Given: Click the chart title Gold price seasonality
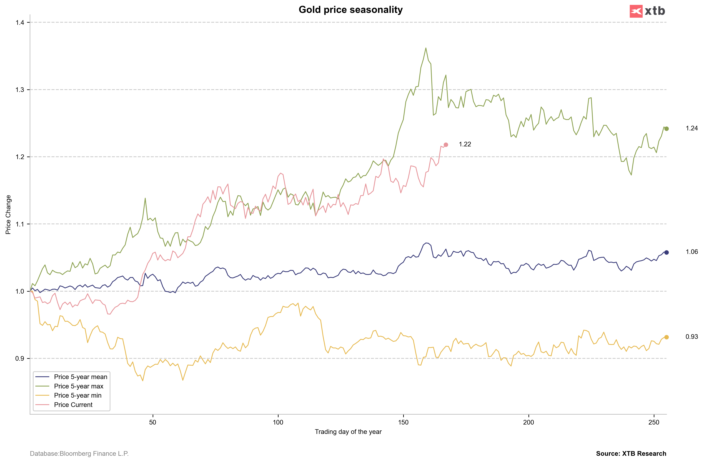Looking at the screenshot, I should click(350, 10).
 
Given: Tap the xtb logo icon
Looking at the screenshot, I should click(636, 11).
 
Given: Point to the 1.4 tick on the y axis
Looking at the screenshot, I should click(20, 22).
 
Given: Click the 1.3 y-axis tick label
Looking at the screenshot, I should click(20, 90).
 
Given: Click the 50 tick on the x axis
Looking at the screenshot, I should click(153, 422).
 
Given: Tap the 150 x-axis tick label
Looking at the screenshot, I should click(403, 422).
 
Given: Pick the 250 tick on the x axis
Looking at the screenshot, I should click(654, 422).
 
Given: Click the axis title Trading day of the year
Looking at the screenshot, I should click(348, 432).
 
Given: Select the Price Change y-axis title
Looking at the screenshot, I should click(8, 215).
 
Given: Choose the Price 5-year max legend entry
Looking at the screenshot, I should click(79, 386).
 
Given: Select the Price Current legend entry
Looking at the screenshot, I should click(73, 405).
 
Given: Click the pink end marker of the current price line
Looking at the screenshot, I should click(446, 145).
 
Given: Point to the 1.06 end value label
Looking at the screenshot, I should click(691, 252).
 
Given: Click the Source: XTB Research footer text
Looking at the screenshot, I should click(631, 454).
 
